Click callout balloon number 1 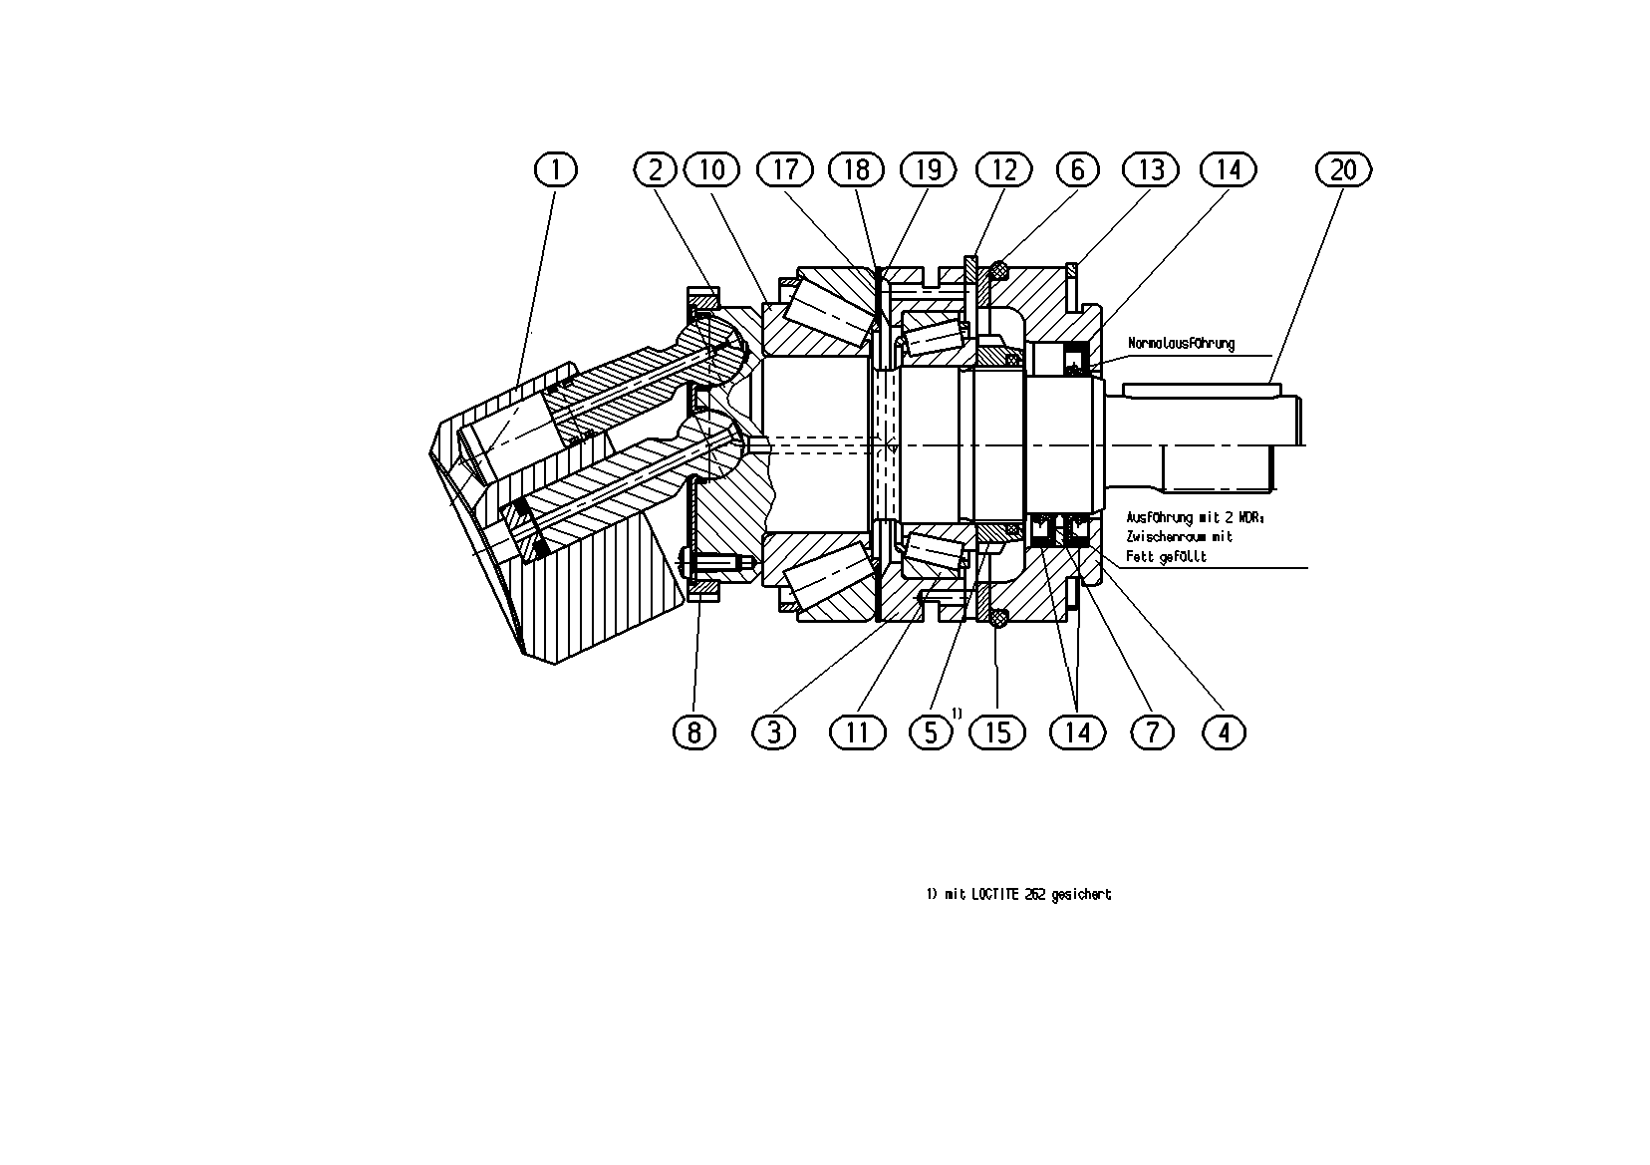coord(555,170)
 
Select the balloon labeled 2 coord(655,170)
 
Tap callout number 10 coord(711,170)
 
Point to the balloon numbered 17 coord(785,170)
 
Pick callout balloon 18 coord(856,170)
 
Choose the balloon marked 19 coord(929,170)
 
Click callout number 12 coord(1004,170)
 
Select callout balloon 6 coord(1078,170)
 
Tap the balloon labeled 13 coord(1151,170)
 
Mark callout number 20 coord(1343,170)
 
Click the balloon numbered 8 coord(693,732)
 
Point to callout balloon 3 coord(773,732)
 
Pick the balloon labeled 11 coord(857,732)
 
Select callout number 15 coord(997,732)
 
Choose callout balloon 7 coord(1152,732)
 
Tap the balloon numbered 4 coord(1225,732)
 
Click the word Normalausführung coord(1182,344)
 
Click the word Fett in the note coord(1139,557)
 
